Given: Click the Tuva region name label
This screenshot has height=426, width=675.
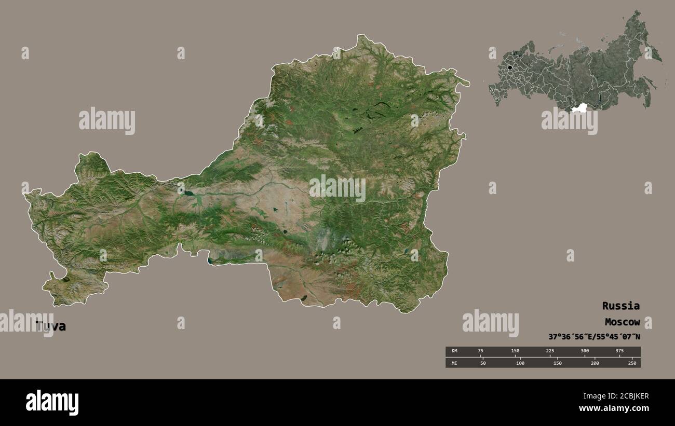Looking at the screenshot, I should click(51, 326).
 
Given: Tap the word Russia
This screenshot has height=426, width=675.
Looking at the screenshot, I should click(620, 306).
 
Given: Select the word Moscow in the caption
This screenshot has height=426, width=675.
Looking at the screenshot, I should click(622, 322).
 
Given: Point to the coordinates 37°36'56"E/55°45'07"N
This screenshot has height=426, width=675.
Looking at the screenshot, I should click(594, 337).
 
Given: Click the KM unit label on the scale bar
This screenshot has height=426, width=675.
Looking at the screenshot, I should click(454, 351).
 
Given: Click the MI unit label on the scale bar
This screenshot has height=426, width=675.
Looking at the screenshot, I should click(454, 363).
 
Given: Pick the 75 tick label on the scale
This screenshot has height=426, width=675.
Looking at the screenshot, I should click(480, 351).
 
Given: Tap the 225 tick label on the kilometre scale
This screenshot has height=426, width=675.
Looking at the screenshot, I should click(550, 351).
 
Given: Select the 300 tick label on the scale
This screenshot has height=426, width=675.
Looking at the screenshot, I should click(585, 351).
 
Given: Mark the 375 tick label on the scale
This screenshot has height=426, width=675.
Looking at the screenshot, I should click(619, 351).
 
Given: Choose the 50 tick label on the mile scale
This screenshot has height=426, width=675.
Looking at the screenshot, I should click(483, 363).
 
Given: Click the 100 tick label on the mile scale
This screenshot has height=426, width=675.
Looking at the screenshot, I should click(520, 363).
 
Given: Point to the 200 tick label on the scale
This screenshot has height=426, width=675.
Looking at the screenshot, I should click(595, 363).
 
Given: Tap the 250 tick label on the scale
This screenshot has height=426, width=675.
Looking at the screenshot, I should click(632, 363).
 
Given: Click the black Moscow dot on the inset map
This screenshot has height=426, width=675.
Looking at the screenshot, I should click(510, 67).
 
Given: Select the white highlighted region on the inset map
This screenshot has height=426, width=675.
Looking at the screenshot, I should click(576, 108).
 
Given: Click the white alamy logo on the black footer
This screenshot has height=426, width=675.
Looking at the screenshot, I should click(52, 403).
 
